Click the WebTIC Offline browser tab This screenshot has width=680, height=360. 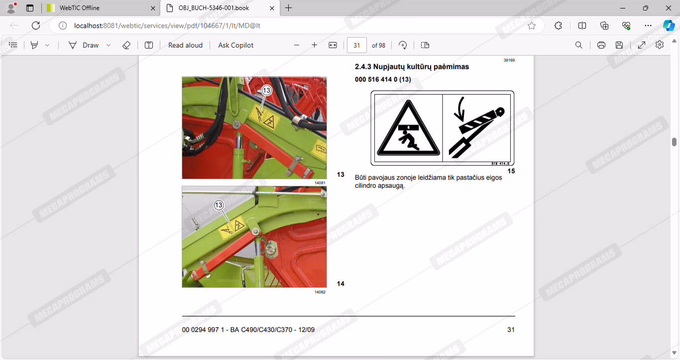[x=100, y=8]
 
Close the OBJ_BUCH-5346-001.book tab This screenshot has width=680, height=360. [x=272, y=8]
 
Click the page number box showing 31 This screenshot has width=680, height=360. [x=356, y=45]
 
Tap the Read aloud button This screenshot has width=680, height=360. [x=185, y=45]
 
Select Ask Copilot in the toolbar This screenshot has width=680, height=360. [x=235, y=45]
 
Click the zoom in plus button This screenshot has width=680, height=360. [x=314, y=45]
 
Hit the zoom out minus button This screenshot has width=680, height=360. [x=297, y=45]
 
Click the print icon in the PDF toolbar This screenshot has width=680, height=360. [x=601, y=45]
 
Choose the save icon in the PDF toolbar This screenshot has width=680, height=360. [x=619, y=45]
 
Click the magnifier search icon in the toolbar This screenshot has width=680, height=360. [x=578, y=45]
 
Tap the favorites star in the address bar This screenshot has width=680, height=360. [x=532, y=26]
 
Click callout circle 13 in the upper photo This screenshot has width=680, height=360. [x=266, y=90]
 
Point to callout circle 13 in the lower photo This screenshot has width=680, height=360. [x=219, y=205]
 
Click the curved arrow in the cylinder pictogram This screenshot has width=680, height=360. [x=460, y=109]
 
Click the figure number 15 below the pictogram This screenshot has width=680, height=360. [x=511, y=171]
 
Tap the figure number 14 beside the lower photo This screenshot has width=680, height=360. [x=340, y=283]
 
